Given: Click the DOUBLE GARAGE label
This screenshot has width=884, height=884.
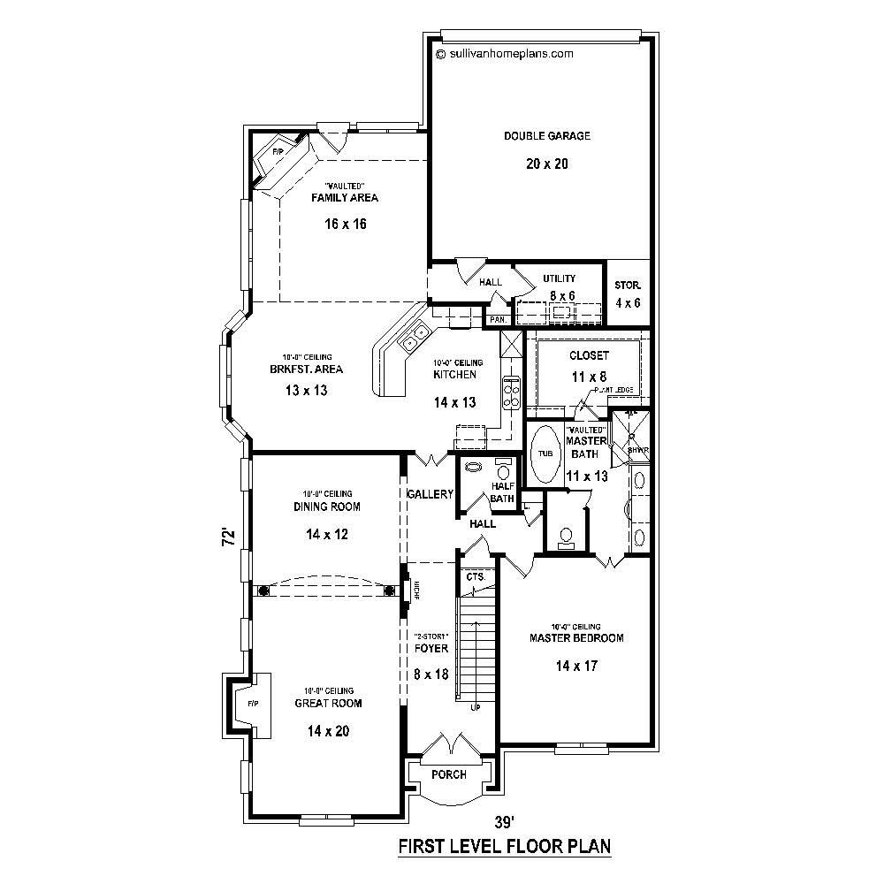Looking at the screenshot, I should [547, 136].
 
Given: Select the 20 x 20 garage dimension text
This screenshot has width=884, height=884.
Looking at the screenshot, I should [547, 164].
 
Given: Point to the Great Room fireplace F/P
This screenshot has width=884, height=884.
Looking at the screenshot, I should [251, 704].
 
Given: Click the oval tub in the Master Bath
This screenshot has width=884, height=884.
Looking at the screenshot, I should [545, 453].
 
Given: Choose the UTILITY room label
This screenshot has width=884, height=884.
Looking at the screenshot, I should [560, 278].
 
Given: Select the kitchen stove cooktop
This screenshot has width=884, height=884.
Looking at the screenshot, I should [512, 391].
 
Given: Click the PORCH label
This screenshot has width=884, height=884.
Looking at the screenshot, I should [449, 774].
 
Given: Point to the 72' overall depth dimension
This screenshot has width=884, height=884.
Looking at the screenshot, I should [228, 537].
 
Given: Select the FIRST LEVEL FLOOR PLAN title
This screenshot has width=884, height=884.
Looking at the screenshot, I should [505, 847].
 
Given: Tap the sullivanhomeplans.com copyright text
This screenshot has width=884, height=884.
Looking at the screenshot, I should [505, 53].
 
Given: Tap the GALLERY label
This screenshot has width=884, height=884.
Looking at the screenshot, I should [431, 494].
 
